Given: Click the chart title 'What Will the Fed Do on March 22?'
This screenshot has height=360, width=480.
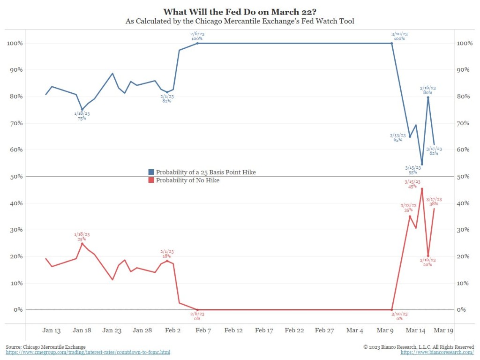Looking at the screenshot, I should [240, 11].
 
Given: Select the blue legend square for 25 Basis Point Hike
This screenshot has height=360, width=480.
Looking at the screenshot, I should [151, 172].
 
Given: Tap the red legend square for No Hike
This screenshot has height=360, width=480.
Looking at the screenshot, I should [151, 180].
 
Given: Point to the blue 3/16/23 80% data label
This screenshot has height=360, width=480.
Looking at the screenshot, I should [427, 90].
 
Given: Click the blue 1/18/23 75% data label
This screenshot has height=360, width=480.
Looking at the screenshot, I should [82, 116].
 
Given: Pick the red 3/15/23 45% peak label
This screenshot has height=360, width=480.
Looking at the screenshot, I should [412, 184].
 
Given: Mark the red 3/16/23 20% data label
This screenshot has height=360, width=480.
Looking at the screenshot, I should [427, 262].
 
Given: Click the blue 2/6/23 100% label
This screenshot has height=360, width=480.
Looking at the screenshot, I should [197, 36].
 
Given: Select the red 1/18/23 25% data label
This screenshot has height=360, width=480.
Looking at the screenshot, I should [82, 236].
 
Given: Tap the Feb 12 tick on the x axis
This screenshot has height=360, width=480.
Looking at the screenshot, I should [233, 330].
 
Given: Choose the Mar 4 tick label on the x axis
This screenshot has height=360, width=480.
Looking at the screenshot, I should [355, 330].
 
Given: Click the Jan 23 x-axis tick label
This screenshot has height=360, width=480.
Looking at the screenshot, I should [112, 330].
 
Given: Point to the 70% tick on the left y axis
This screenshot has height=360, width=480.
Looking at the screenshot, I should [15, 123].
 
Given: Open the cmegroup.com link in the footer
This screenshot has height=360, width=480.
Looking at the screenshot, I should [88, 352].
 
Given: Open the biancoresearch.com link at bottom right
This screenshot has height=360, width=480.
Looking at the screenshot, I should [437, 352].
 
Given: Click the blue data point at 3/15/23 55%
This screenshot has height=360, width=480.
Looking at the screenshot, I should [422, 165].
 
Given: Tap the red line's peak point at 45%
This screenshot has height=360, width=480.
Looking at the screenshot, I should [422, 189].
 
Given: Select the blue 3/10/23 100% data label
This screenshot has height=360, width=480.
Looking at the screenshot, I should [399, 36].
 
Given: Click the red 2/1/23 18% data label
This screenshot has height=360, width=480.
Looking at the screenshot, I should [167, 254].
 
